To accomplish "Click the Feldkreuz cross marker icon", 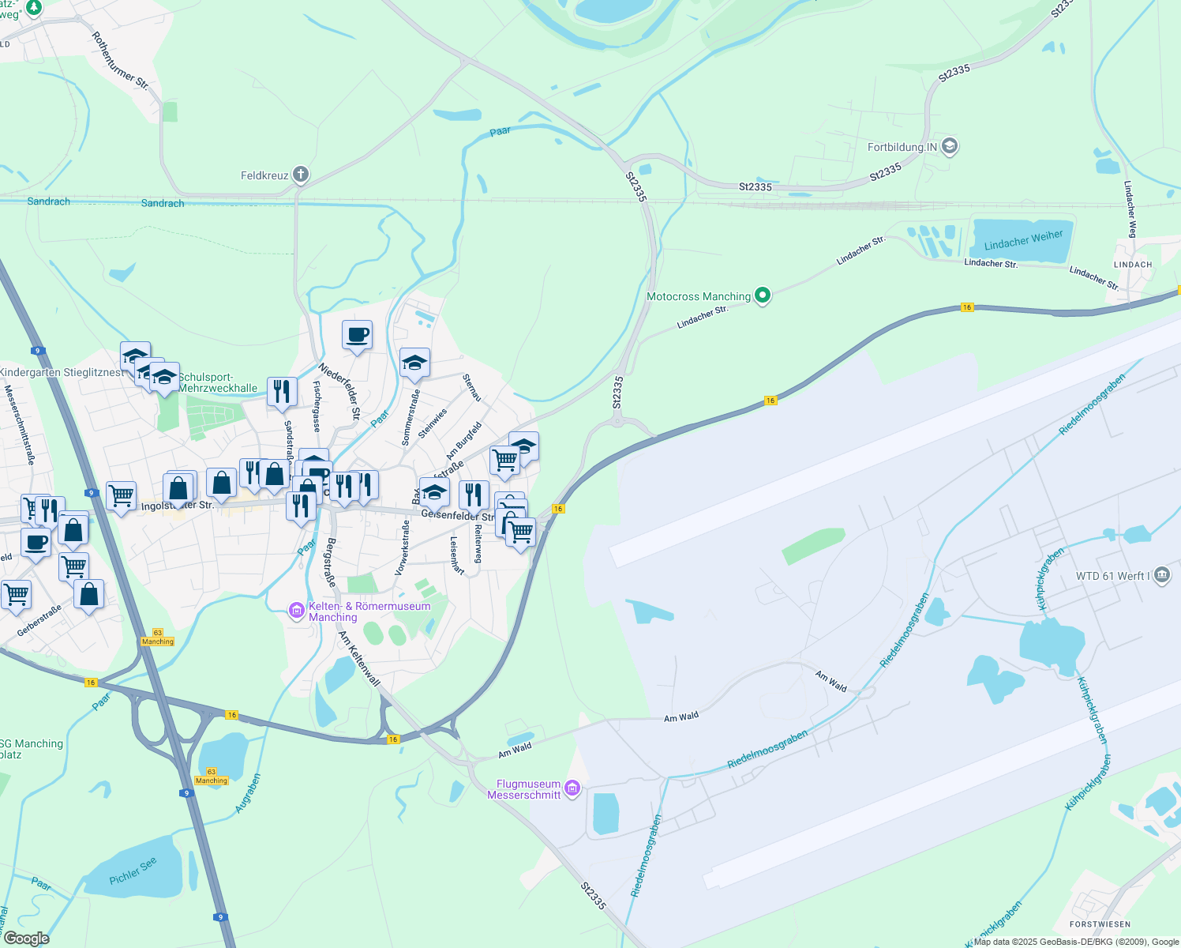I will [x=300, y=175].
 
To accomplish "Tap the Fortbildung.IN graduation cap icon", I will [x=950, y=147].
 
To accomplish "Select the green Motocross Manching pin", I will [x=762, y=296].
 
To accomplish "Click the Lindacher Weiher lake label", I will [x=1023, y=239].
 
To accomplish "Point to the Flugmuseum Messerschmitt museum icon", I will [x=573, y=788].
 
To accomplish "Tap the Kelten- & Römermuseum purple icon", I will [x=297, y=610].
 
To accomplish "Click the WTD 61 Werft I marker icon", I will [x=1161, y=575].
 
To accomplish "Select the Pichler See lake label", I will [x=133, y=871].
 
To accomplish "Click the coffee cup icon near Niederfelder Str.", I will [x=357, y=335].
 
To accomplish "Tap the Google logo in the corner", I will [x=26, y=939].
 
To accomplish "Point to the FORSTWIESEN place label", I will [x=1100, y=924].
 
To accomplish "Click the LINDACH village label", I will [x=1132, y=265].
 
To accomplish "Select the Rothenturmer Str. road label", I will [x=120, y=61].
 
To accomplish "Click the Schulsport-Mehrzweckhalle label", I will [x=218, y=382].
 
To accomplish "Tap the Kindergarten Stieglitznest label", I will [x=62, y=372].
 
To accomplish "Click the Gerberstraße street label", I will [x=39, y=621].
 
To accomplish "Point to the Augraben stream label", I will [x=248, y=793].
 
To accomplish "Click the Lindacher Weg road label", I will [x=1130, y=209].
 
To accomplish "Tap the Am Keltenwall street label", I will [x=359, y=658].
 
